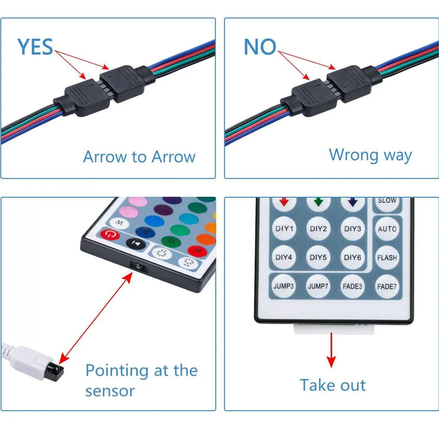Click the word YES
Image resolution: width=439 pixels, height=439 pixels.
35,47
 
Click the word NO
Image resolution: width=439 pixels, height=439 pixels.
260,47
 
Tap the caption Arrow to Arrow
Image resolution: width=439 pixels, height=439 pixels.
139,157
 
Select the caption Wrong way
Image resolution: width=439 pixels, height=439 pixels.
370,155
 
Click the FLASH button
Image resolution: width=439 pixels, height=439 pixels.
387,258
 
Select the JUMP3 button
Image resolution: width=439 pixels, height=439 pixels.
284,286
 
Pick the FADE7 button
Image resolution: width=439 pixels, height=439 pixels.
387,286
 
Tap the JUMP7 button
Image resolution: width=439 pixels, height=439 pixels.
318,286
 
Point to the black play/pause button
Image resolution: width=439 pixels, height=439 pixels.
136,243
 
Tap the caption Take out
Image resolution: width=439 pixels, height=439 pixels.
332,385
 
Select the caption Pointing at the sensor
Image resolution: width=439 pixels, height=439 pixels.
141,380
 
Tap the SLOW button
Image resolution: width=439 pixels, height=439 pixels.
387,201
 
